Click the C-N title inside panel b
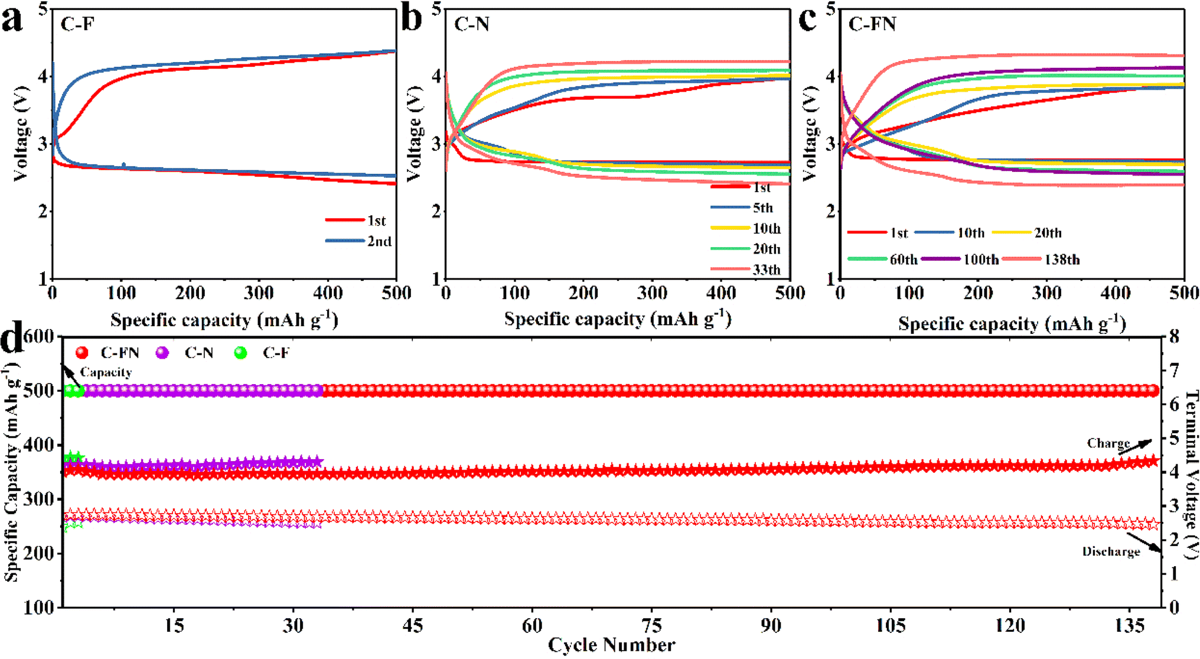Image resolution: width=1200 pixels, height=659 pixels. pyautogui.click(x=471, y=24)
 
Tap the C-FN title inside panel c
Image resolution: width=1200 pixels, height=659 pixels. pyautogui.click(x=872, y=24)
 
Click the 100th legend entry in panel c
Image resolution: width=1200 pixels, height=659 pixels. pyautogui.click(x=981, y=259)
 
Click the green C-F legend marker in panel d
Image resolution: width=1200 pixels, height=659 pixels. pyautogui.click(x=240, y=353)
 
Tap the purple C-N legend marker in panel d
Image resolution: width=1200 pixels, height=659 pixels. pyautogui.click(x=162, y=353)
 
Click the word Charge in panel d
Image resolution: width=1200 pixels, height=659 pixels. pyautogui.click(x=1108, y=443)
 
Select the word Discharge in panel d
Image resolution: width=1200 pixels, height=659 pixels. pyautogui.click(x=1111, y=551)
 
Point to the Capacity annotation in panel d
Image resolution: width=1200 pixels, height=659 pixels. pyautogui.click(x=106, y=372)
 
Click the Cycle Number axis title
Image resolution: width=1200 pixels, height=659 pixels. pyautogui.click(x=611, y=645)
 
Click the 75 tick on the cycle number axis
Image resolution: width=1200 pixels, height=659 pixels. pyautogui.click(x=651, y=625)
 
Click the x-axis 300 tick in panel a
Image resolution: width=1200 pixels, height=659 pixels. pyautogui.click(x=259, y=293)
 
